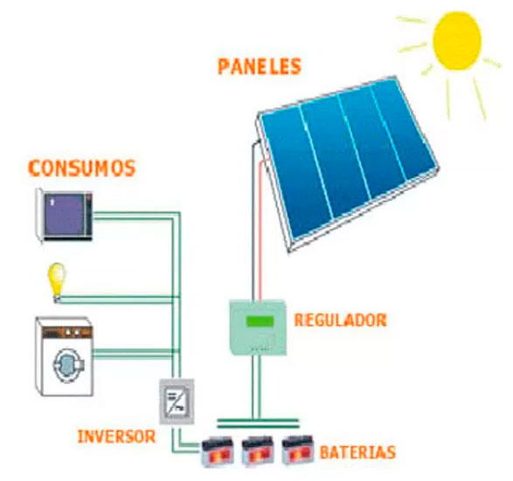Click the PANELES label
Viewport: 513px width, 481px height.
(259, 66)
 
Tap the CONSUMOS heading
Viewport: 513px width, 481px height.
(82, 168)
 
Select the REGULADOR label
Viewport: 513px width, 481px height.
(340, 320)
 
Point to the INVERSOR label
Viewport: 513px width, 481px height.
(116, 436)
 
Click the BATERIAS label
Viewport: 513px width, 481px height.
(357, 452)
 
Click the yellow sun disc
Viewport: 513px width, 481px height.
(457, 41)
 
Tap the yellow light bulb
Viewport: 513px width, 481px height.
(58, 282)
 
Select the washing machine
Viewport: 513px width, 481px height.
(64, 356)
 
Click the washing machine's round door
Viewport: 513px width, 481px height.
(68, 364)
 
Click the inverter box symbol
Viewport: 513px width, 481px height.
(177, 402)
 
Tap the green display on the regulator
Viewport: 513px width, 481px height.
(260, 321)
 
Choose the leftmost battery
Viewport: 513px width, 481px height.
(218, 451)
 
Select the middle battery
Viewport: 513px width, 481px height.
(258, 451)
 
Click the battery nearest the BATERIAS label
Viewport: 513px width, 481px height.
(298, 450)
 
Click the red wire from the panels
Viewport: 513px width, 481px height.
(261, 229)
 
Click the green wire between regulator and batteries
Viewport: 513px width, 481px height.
(255, 388)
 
